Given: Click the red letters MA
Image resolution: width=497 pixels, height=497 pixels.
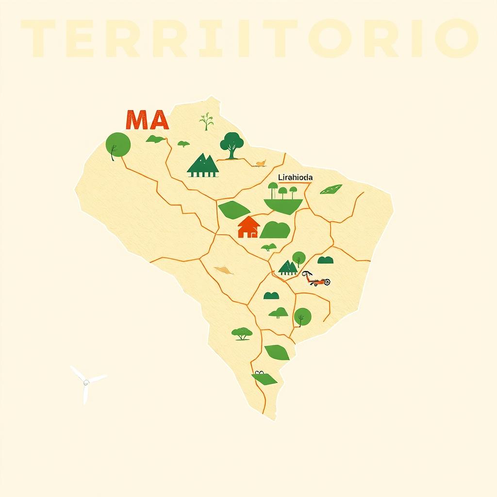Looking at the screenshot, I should click(x=147, y=120).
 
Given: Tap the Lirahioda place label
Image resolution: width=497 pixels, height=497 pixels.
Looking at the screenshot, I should click(x=295, y=178).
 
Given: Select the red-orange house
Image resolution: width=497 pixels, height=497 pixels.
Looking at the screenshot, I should click(x=248, y=227).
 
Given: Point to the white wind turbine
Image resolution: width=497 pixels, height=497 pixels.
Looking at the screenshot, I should click(x=86, y=382).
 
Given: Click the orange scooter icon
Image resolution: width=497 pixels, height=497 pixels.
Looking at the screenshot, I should click(x=317, y=279).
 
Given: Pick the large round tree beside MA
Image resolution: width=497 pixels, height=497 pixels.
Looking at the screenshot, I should click(x=118, y=144).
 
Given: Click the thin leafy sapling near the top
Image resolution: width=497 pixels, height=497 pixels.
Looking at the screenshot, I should click(x=207, y=121).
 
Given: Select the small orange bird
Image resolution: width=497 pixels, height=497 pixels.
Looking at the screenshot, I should click(x=261, y=164).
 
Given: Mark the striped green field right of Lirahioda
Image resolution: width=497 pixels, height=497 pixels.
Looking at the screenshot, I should click(x=331, y=189).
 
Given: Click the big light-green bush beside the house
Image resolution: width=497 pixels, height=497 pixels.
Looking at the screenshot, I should click(x=275, y=230).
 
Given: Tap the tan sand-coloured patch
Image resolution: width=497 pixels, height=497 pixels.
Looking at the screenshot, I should click(x=223, y=270).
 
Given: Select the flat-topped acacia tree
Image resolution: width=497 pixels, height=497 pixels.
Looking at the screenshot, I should click(x=242, y=333).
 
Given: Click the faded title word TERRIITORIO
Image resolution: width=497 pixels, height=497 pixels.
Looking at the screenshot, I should click(x=248, y=38).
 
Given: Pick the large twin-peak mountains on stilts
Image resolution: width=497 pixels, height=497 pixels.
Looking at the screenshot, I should click(x=203, y=165).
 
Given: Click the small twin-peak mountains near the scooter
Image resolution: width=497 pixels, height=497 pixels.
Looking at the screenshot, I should click(x=288, y=267).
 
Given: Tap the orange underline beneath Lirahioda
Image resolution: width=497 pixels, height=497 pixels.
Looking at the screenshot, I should click(x=295, y=183).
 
